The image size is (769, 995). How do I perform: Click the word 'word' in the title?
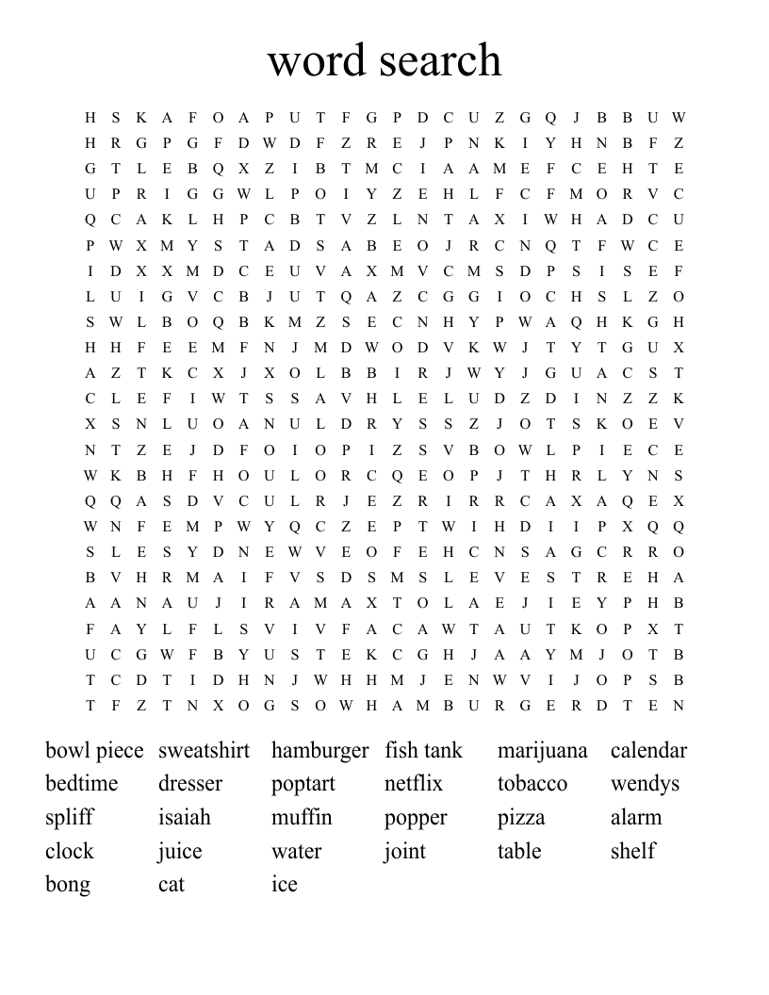(317, 60)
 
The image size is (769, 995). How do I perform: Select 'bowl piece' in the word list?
(94, 751)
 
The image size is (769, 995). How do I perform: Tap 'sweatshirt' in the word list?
(204, 751)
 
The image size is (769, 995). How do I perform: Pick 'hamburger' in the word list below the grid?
(319, 751)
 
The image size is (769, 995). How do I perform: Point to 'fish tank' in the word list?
(423, 751)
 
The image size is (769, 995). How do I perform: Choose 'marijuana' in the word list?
(542, 751)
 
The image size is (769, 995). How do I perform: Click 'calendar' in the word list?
(648, 751)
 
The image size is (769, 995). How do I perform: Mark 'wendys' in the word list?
(645, 784)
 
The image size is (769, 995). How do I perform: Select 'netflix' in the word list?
(413, 784)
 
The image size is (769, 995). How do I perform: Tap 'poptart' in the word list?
(303, 784)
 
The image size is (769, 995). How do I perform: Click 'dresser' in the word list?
(189, 784)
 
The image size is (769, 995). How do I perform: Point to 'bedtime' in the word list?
(81, 784)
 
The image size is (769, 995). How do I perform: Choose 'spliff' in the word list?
(69, 818)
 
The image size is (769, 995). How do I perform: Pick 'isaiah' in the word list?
(184, 818)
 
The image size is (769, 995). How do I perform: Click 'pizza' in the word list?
(521, 818)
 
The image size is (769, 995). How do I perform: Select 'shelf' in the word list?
(632, 851)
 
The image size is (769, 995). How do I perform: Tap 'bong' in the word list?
(68, 885)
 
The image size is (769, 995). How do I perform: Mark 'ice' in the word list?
(284, 885)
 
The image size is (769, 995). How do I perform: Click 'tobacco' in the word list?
(532, 784)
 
